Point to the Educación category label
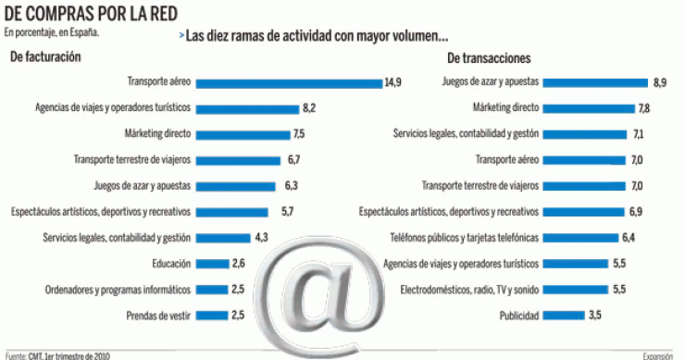click(171, 264)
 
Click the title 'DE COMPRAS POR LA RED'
click(89, 13)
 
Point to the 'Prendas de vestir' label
click(158, 316)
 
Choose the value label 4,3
click(261, 238)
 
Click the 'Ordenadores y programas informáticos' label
click(118, 290)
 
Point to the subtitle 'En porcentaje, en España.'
click(52, 31)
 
